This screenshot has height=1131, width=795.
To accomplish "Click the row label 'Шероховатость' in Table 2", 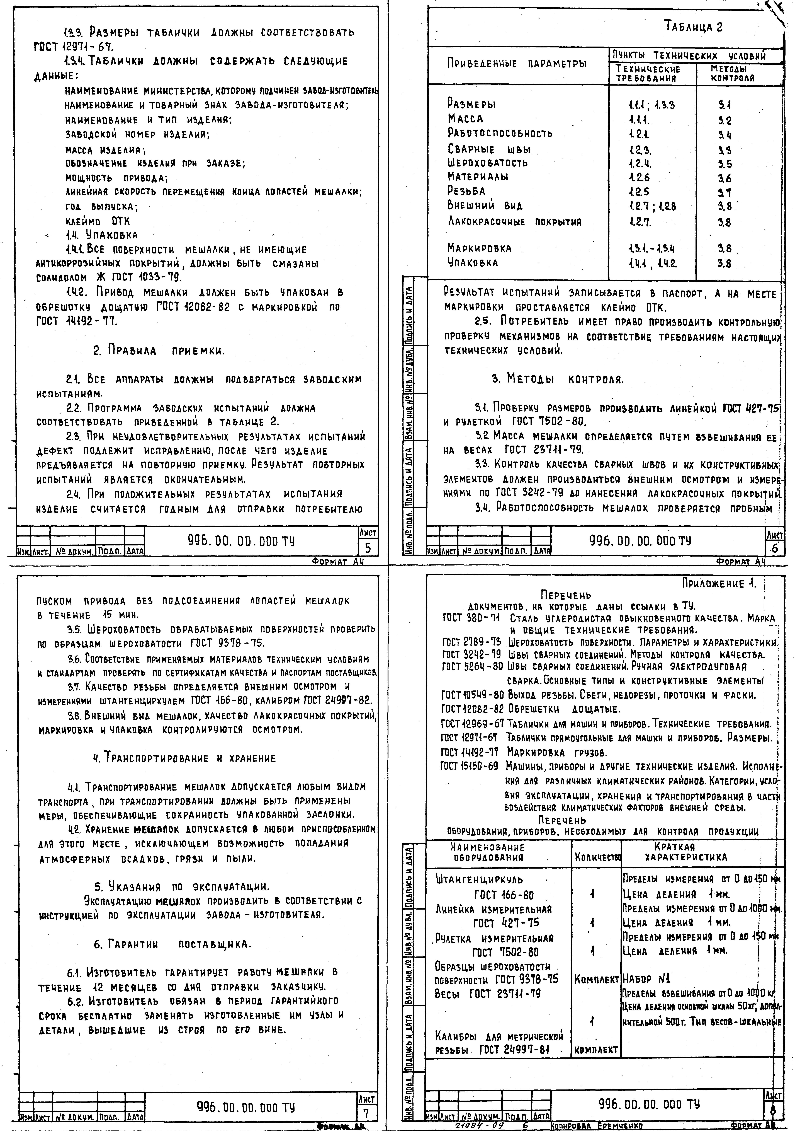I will pos(487,163).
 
